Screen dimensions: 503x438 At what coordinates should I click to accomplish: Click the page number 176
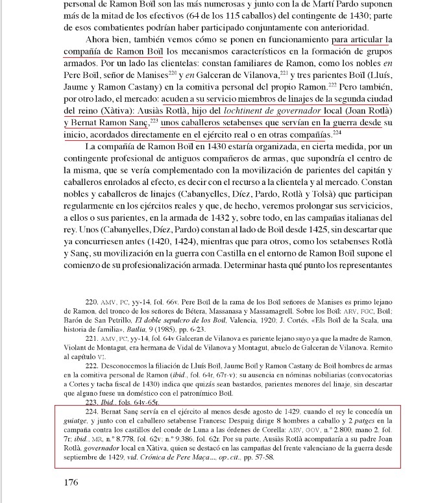coord(71,482)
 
